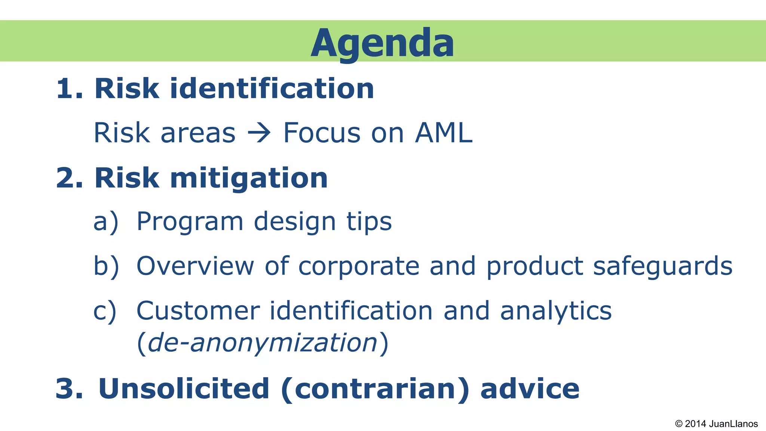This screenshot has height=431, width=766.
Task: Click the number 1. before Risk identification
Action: pyautogui.click(x=70, y=89)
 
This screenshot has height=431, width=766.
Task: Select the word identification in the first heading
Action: pyautogui.click(x=272, y=89)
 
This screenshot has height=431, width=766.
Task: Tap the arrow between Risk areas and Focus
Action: pyautogui.click(x=259, y=133)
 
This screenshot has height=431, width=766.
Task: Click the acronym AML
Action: pyautogui.click(x=444, y=133)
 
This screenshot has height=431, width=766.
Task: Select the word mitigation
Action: pyautogui.click(x=249, y=178)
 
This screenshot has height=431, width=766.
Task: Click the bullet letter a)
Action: pyautogui.click(x=106, y=221)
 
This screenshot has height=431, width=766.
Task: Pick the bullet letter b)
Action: pyautogui.click(x=106, y=266)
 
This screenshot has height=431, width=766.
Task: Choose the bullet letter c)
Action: pyautogui.click(x=105, y=311)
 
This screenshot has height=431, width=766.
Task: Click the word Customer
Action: pyautogui.click(x=198, y=311)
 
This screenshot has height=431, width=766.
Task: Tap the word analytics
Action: pyautogui.click(x=556, y=311)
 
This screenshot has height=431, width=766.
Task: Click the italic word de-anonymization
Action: pyautogui.click(x=263, y=343)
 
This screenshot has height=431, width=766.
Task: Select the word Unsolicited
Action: pyautogui.click(x=184, y=389)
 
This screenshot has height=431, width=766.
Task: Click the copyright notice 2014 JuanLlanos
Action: pyautogui.click(x=716, y=424)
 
